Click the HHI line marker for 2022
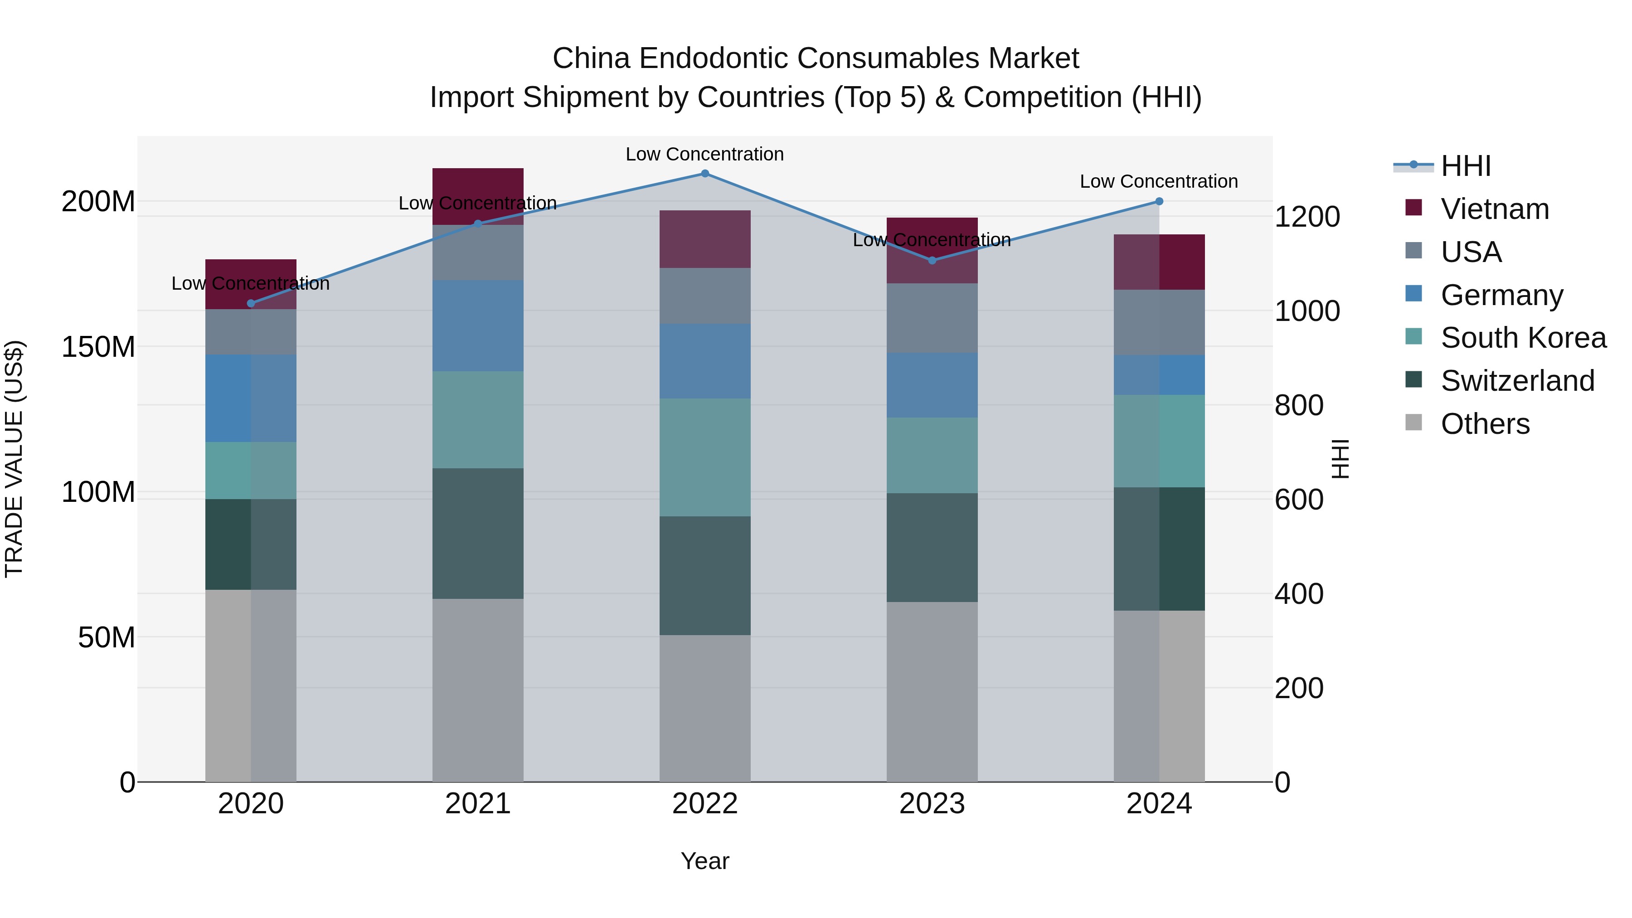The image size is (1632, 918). (x=704, y=174)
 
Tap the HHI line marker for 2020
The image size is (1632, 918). (x=251, y=303)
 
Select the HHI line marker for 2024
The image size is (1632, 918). (x=1159, y=201)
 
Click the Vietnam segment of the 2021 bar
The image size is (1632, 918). (x=478, y=196)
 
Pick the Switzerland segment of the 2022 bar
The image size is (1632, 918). (x=704, y=575)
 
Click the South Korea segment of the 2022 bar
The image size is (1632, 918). (x=704, y=457)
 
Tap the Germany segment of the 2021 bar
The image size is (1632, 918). (x=478, y=325)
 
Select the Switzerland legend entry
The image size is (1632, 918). (x=1517, y=381)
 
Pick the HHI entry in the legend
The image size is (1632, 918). (x=1465, y=166)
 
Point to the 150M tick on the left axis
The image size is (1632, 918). (x=98, y=347)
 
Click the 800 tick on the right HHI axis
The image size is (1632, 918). (x=1298, y=405)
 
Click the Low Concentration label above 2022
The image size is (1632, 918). (x=704, y=155)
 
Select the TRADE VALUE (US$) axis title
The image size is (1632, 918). (x=14, y=459)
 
